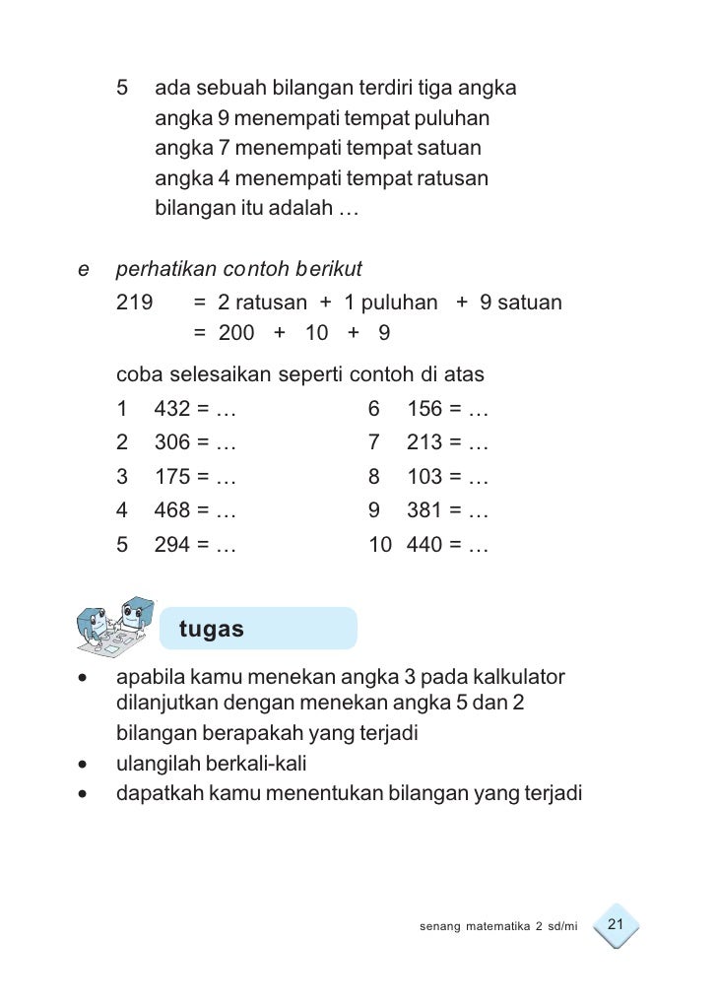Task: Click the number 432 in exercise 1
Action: pos(172,409)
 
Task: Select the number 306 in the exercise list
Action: pos(172,443)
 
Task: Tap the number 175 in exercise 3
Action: pos(172,478)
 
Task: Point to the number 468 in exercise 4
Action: pos(172,511)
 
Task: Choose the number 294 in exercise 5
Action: pos(172,545)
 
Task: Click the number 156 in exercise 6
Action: pos(424,409)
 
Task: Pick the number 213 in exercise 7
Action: pos(424,443)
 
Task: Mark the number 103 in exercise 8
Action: pos(424,478)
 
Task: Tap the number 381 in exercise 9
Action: pos(424,511)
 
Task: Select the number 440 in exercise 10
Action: pos(424,545)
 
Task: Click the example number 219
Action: pos(134,302)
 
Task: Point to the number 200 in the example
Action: pos(236,333)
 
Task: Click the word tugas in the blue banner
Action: pos(211,629)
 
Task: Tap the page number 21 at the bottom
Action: pos(618,924)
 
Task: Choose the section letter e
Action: pos(83,269)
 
